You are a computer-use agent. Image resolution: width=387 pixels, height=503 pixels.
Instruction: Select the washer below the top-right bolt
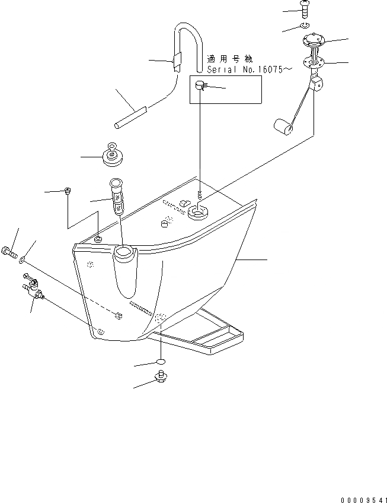304,26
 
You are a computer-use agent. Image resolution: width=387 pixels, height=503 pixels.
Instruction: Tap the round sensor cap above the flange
314,41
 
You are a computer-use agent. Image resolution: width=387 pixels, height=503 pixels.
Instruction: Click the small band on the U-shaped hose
176,60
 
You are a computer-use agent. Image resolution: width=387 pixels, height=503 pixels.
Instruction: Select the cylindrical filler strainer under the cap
116,196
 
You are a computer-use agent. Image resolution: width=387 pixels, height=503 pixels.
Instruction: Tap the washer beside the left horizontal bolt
23,259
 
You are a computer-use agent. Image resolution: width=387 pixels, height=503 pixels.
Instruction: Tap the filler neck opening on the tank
125,254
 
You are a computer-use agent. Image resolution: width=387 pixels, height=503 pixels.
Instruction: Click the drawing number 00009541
363,497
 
